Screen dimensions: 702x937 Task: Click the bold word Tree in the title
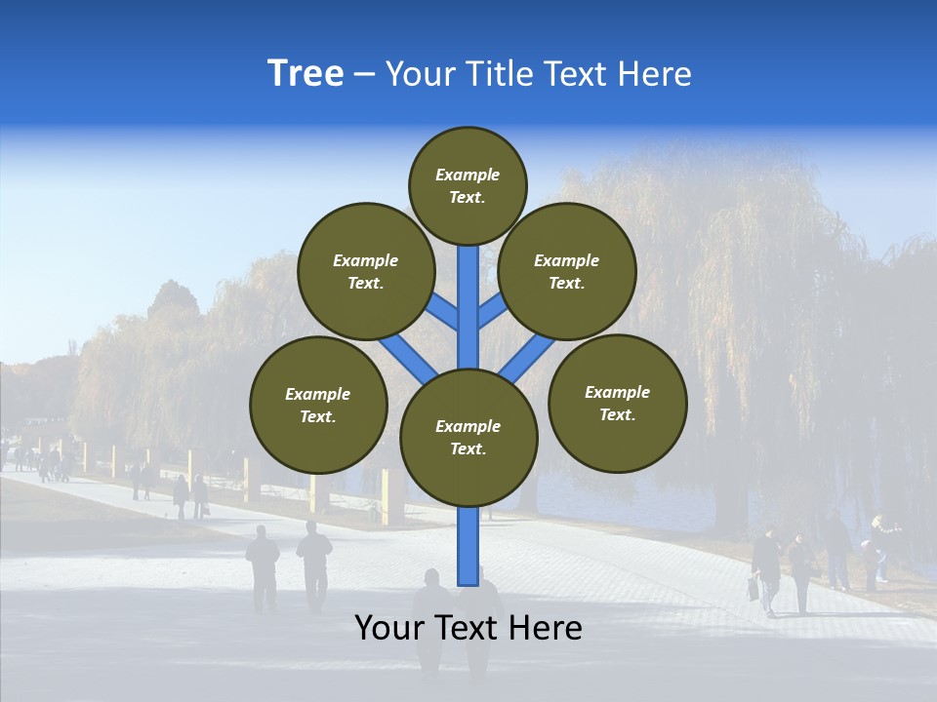306,73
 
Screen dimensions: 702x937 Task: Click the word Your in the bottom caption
388,628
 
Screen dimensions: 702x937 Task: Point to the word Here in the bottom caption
548,628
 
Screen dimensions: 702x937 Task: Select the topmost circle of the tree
468,185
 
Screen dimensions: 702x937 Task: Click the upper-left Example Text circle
366,271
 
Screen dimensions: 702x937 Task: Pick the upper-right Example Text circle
567,271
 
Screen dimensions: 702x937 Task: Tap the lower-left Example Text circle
318,405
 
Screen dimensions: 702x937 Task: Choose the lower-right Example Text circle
617,403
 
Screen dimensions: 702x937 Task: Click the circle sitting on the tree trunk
468,437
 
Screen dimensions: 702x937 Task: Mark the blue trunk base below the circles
468,546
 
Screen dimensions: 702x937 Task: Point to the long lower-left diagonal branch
408,357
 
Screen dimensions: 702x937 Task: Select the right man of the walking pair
314,564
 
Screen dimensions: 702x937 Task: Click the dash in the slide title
364,75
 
